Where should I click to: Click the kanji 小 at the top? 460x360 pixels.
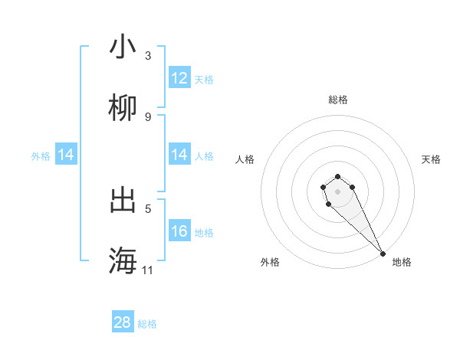(x=123, y=47)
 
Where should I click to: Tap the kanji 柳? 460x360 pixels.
(x=123, y=109)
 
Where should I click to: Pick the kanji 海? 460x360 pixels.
(x=123, y=261)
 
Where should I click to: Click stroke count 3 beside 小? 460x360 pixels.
(x=148, y=56)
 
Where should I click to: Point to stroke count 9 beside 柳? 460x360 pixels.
(x=148, y=116)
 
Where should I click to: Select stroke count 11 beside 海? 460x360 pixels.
(x=148, y=270)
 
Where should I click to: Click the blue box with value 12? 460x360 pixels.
(x=179, y=78)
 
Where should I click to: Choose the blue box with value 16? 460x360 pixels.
(x=179, y=231)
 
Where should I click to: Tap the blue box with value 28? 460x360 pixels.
(x=123, y=322)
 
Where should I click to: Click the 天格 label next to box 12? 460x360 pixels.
(x=204, y=79)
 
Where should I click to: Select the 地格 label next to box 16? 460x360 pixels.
(x=204, y=232)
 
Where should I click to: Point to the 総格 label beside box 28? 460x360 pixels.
(x=147, y=323)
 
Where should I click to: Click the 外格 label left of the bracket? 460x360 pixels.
(x=41, y=155)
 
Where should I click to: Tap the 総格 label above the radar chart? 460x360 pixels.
(x=338, y=100)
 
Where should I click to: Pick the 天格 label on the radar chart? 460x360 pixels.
(x=431, y=159)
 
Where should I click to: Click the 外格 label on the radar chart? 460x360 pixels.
(x=270, y=262)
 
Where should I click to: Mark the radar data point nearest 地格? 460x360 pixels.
(x=383, y=254)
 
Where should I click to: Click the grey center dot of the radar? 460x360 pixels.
(x=337, y=191)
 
